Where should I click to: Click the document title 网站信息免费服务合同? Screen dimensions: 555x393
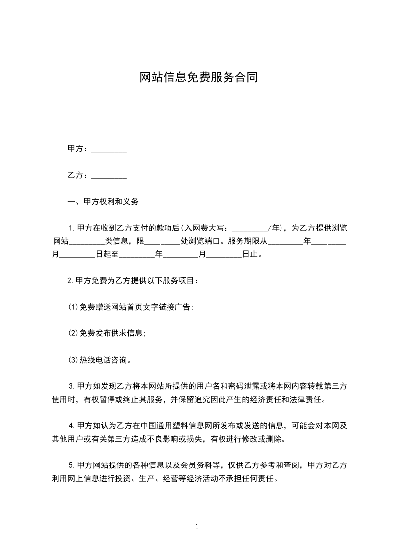pyautogui.click(x=198, y=78)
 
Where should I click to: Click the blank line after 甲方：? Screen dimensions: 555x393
pyautogui.click(x=109, y=149)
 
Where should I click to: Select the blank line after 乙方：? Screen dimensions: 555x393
pyautogui.click(x=109, y=175)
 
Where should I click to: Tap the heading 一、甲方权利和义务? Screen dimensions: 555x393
pyautogui.click(x=103, y=202)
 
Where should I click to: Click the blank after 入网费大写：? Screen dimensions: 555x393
pyautogui.click(x=249, y=229)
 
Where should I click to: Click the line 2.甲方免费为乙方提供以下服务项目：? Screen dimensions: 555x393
pyautogui.click(x=133, y=281)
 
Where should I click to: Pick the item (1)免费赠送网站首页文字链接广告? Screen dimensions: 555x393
pyautogui.click(x=130, y=307)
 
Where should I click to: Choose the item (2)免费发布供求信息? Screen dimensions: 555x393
pyautogui.click(x=107, y=333)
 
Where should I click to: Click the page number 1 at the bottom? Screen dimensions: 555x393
pyautogui.click(x=197, y=527)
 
